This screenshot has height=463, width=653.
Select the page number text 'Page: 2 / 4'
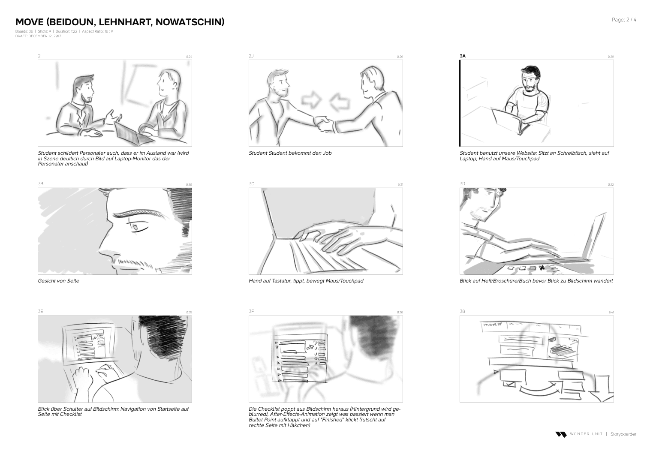[x=624, y=20]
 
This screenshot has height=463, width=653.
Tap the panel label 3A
[x=463, y=56]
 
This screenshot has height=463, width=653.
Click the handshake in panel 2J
[x=324, y=123]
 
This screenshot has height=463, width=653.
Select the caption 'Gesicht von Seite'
[x=58, y=281]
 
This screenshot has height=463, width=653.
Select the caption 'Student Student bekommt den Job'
[x=290, y=153]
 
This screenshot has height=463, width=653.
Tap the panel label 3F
[x=251, y=312]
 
